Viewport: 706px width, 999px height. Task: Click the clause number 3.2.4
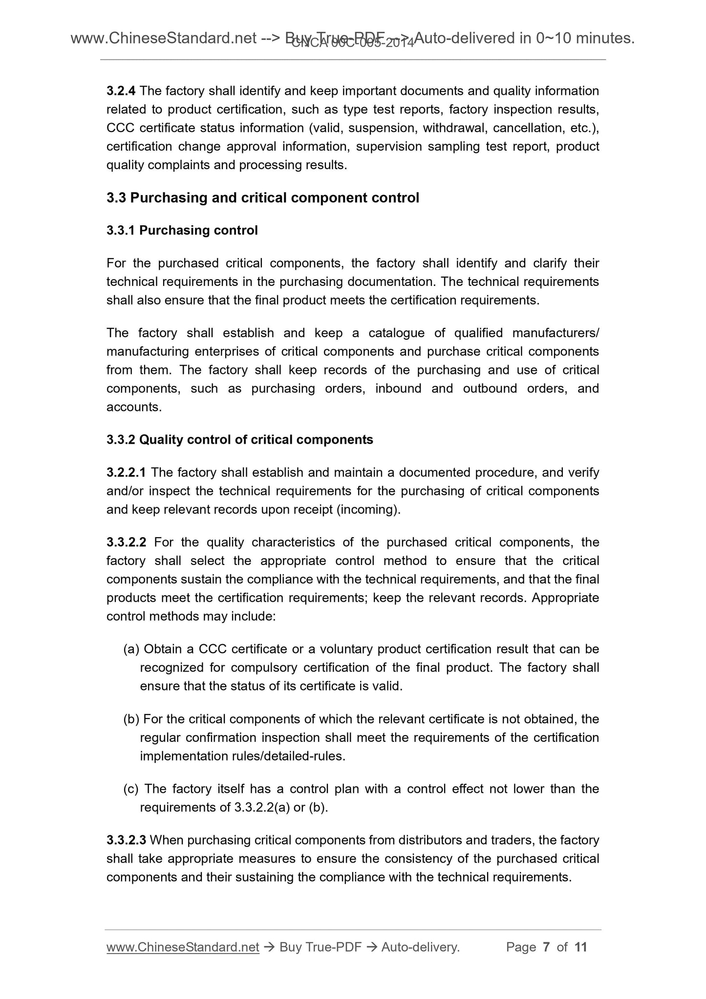click(x=121, y=91)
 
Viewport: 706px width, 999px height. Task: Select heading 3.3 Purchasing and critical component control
click(x=263, y=198)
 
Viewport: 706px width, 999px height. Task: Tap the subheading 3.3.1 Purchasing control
click(x=182, y=230)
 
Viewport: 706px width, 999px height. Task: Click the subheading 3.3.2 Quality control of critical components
click(x=239, y=440)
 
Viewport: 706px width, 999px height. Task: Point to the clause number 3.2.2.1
click(x=126, y=473)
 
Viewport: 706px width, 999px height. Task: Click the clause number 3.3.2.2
click(x=126, y=543)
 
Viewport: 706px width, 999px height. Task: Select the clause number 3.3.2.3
click(x=126, y=841)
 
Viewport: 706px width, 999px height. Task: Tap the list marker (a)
click(x=131, y=650)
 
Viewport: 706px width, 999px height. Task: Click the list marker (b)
click(x=131, y=719)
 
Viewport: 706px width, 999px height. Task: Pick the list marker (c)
click(x=131, y=789)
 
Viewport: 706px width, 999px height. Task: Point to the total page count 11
click(x=580, y=948)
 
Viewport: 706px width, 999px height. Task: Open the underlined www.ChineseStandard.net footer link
click(x=182, y=948)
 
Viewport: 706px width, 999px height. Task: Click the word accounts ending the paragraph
click(x=133, y=407)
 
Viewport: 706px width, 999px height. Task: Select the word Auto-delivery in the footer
click(x=420, y=948)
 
